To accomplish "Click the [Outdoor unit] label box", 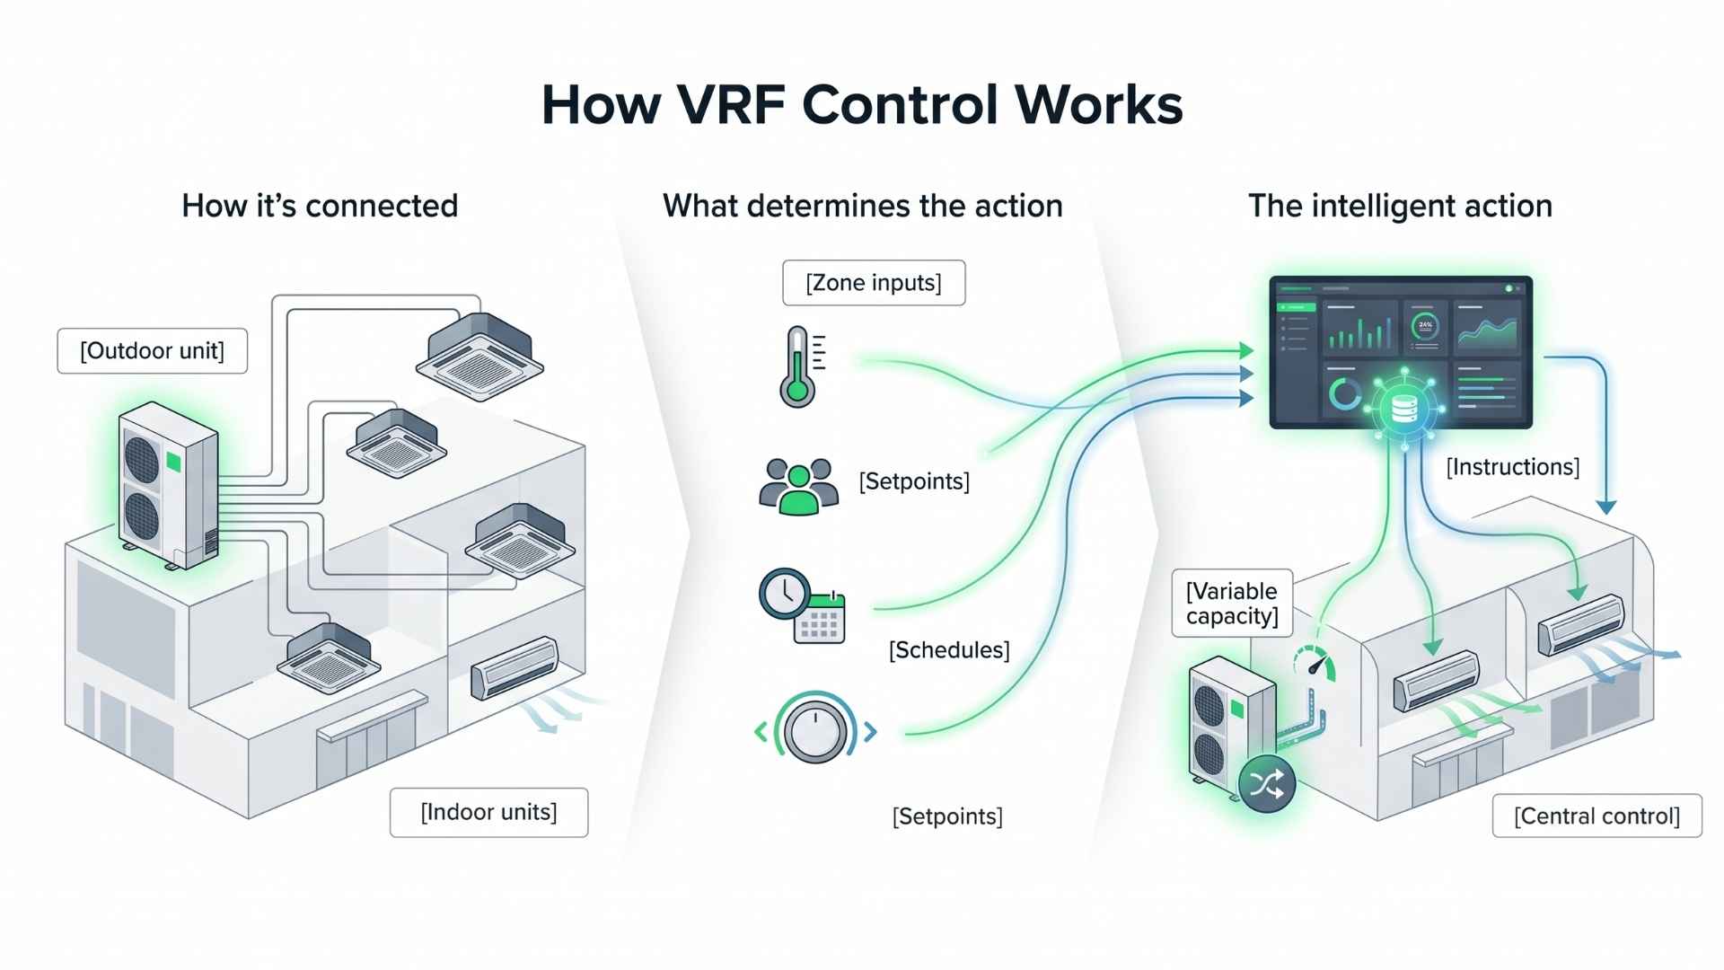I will pyautogui.click(x=152, y=351).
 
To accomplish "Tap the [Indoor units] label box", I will pyautogui.click(x=488, y=813).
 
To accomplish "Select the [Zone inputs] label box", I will pyautogui.click(x=874, y=283).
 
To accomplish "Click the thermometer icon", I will pyautogui.click(x=797, y=367).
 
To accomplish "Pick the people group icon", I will pyautogui.click(x=798, y=487).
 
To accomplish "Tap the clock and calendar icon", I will pyautogui.click(x=802, y=605).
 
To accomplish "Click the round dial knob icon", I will pyautogui.click(x=815, y=729).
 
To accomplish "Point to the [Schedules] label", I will pyautogui.click(x=949, y=650).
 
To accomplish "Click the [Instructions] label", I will pyautogui.click(x=1512, y=467).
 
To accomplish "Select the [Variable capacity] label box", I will pyautogui.click(x=1232, y=604).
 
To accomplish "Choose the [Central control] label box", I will pyautogui.click(x=1596, y=816).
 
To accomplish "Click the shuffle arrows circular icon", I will pyautogui.click(x=1266, y=784).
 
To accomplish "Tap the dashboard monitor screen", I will pyautogui.click(x=1400, y=352).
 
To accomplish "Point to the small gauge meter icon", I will pyautogui.click(x=1315, y=665).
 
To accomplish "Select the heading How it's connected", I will pyautogui.click(x=320, y=206).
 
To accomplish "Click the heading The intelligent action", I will pyautogui.click(x=1400, y=206).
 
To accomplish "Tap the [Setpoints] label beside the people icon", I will pyautogui.click(x=914, y=481).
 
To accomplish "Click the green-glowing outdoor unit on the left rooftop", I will pyautogui.click(x=167, y=485).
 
